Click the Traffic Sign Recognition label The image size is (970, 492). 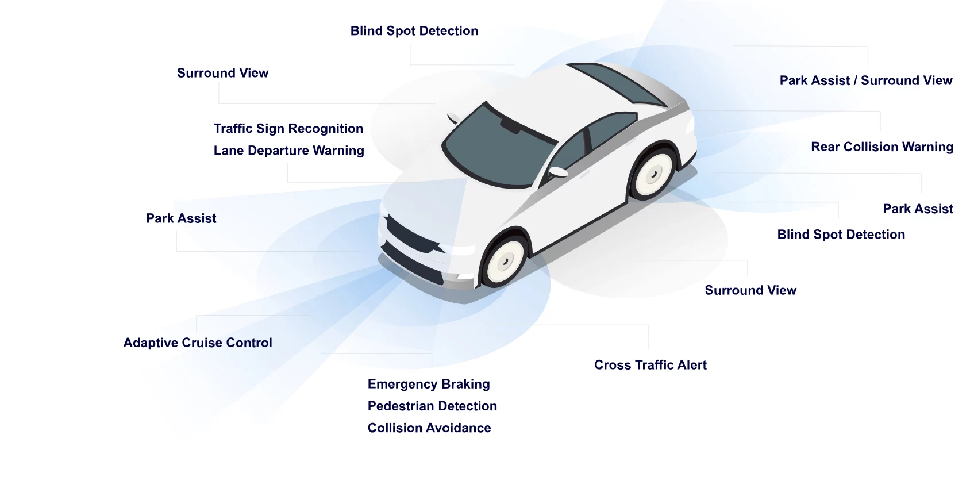(x=288, y=129)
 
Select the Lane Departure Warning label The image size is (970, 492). (x=288, y=151)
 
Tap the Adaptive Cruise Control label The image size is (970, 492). (x=197, y=343)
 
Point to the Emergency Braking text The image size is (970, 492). (x=429, y=384)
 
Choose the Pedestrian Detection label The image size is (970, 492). (x=432, y=406)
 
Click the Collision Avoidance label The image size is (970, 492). (x=429, y=428)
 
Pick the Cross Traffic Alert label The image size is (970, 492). (x=650, y=365)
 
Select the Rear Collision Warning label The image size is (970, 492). (x=882, y=147)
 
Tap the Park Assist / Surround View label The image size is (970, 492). (x=865, y=81)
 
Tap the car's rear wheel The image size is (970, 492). (x=653, y=174)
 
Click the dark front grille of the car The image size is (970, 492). (x=411, y=235)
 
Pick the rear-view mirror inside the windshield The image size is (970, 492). (x=510, y=125)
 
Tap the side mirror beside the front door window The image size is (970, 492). (x=557, y=171)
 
